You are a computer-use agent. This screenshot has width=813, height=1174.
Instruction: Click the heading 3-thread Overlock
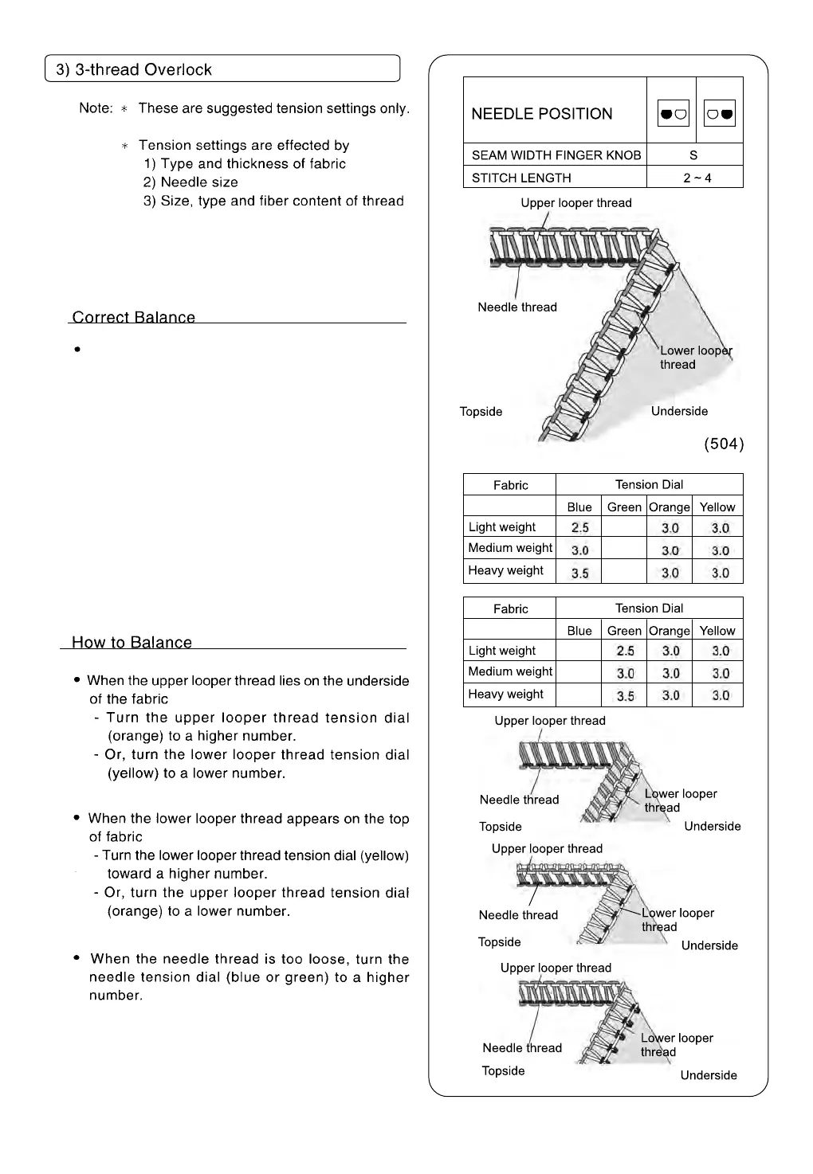point(134,69)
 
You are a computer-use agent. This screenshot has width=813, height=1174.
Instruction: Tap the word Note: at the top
point(96,108)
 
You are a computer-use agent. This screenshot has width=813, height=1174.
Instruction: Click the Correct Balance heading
point(134,317)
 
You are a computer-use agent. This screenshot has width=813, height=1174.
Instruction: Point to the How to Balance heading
point(132,642)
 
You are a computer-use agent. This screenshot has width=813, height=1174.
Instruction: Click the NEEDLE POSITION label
point(542,114)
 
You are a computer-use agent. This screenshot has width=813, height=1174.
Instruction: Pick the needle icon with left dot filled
point(673,114)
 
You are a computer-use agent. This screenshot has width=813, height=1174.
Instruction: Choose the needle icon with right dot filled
point(720,114)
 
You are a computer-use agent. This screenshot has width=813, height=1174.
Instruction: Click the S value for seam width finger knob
point(693,155)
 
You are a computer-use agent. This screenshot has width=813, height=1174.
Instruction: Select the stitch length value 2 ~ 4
point(697,178)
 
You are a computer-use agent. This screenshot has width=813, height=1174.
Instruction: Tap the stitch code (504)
point(724,444)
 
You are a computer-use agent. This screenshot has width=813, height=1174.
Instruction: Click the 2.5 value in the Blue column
point(579,527)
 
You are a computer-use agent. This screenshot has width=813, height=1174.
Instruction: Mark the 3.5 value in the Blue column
point(579,573)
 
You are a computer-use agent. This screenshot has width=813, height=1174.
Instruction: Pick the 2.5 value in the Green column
point(626,651)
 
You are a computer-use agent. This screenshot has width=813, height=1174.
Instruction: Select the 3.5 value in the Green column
point(626,696)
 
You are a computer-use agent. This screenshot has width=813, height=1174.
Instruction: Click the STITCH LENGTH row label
point(521,178)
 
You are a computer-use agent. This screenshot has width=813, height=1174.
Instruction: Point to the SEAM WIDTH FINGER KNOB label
point(556,155)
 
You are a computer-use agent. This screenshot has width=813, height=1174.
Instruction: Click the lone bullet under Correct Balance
point(77,349)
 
